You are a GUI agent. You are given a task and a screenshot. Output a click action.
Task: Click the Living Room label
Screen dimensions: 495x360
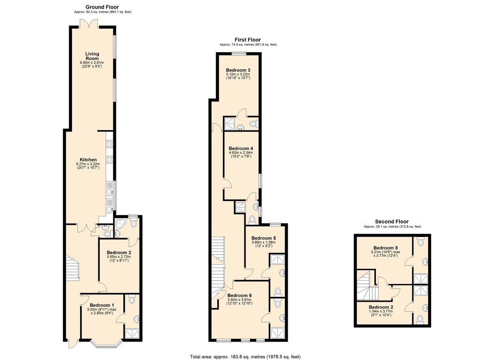92,56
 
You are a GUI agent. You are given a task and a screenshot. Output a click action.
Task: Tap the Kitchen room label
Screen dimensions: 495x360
88,160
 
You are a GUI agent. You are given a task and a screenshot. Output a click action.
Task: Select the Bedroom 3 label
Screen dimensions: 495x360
238,70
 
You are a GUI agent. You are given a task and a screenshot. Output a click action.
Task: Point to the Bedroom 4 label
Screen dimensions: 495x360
241,148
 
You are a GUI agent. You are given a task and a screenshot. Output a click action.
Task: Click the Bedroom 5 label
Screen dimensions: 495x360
264,238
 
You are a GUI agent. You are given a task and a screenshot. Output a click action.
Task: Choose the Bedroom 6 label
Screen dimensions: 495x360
239,295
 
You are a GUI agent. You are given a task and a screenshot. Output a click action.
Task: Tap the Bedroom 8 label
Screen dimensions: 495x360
386,248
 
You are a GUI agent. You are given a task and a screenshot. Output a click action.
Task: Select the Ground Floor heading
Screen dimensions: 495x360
102,7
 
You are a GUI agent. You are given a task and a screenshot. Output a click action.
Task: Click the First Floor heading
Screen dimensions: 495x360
248,40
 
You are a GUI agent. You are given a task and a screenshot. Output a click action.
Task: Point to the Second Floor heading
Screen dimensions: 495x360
392,222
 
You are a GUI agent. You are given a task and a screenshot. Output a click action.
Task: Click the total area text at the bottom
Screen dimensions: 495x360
245,350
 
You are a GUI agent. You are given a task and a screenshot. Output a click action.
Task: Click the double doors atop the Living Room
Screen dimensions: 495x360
89,24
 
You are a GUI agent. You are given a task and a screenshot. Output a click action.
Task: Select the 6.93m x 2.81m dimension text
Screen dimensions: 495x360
92,63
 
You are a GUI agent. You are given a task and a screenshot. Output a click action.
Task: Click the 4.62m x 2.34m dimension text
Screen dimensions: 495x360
241,152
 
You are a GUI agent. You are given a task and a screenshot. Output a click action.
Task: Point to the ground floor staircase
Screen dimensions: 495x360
72,268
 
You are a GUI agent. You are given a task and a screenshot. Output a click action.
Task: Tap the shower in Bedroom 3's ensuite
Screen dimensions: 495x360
230,123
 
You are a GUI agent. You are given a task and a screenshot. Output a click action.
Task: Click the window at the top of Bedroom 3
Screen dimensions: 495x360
239,53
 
